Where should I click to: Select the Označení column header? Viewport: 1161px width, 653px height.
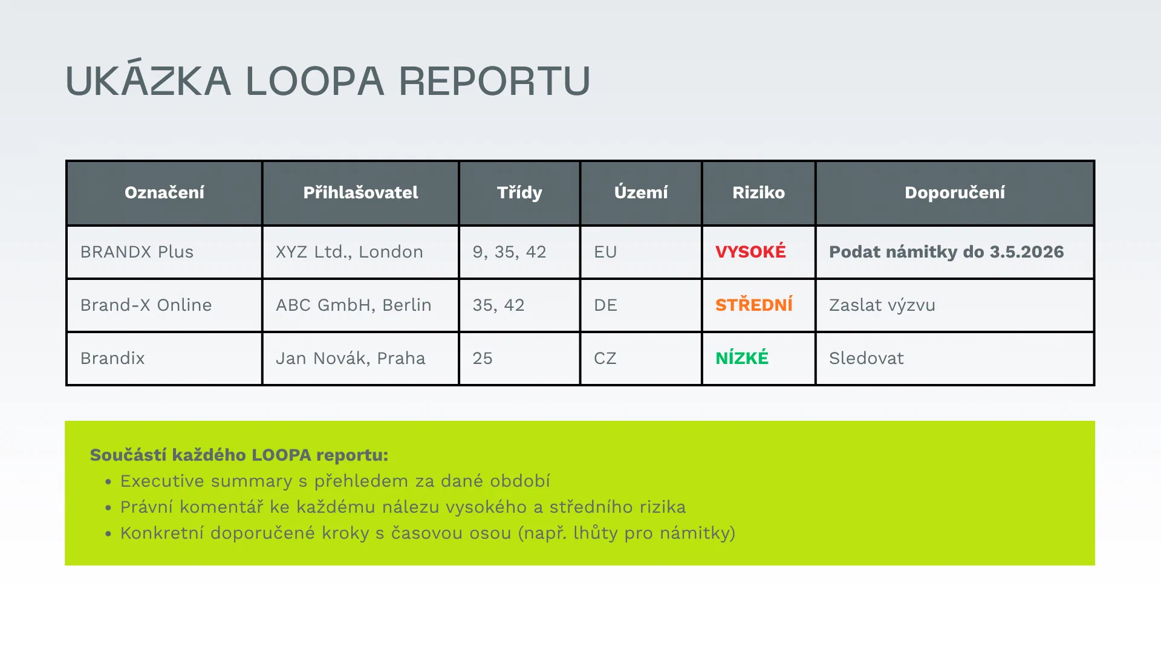pos(164,193)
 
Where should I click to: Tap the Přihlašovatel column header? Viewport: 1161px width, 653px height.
pos(360,193)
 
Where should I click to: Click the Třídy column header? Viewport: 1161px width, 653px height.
pos(519,193)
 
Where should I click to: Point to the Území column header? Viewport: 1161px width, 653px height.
pos(641,193)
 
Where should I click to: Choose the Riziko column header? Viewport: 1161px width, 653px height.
pos(758,193)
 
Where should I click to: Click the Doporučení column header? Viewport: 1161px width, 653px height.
pos(955,193)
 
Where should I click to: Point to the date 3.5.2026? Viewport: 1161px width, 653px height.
pos(1027,252)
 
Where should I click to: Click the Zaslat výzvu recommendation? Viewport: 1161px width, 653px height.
pos(882,305)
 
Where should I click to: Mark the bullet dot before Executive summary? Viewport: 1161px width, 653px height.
pos(108,482)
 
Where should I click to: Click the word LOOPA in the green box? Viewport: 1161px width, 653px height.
pos(281,455)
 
